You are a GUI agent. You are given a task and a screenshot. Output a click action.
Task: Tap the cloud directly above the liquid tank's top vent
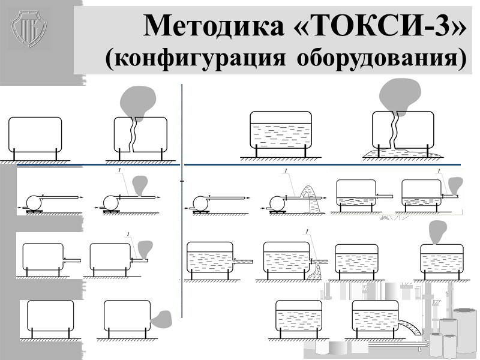(438, 230)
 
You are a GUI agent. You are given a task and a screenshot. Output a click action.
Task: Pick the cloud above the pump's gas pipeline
(140, 184)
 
